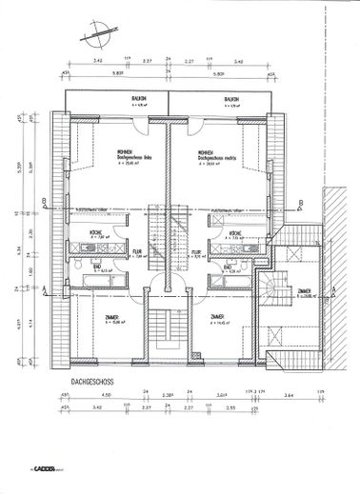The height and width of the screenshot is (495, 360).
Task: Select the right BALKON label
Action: click(x=231, y=99)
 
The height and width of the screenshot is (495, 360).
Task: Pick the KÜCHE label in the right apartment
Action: click(x=234, y=233)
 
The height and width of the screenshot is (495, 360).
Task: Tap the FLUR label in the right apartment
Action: click(x=195, y=252)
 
